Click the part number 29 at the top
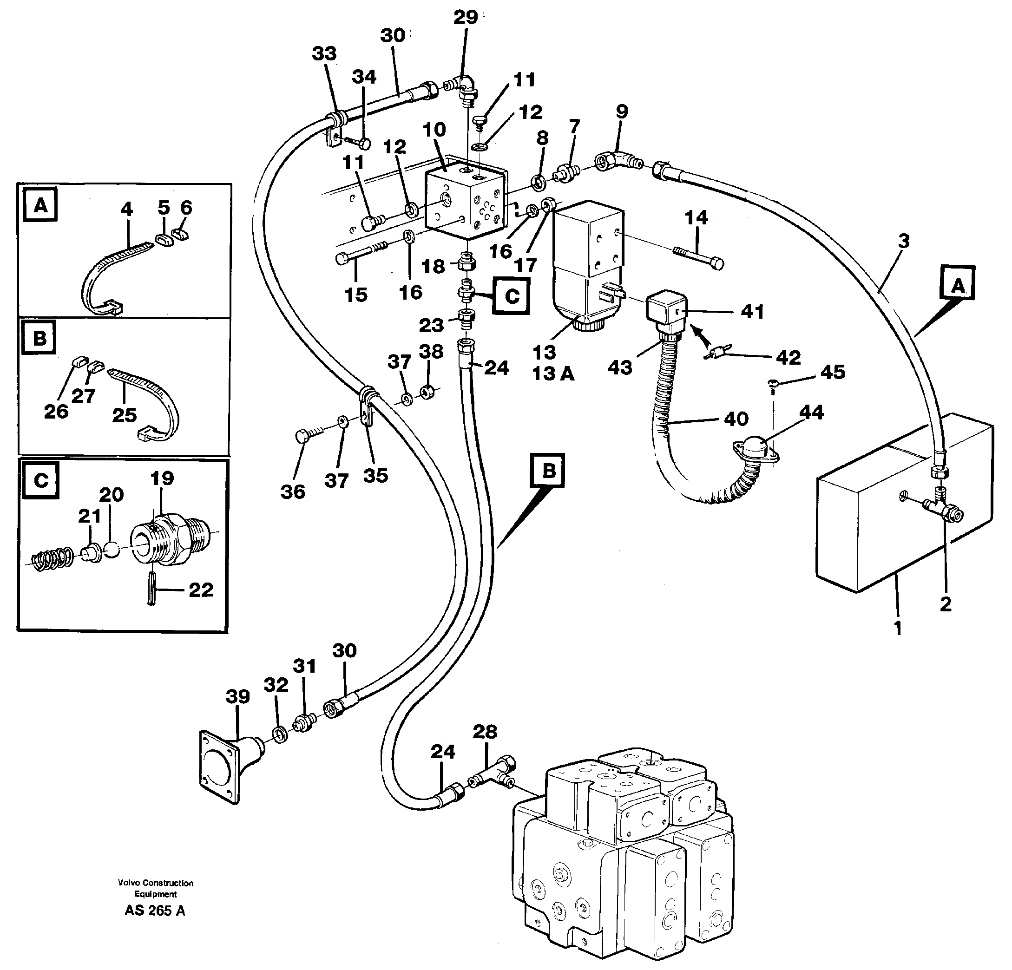pos(465,18)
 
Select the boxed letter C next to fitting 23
pos(511,296)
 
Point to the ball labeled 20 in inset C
pos(112,549)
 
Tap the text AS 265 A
pos(155,911)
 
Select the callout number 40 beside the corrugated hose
pos(736,419)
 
